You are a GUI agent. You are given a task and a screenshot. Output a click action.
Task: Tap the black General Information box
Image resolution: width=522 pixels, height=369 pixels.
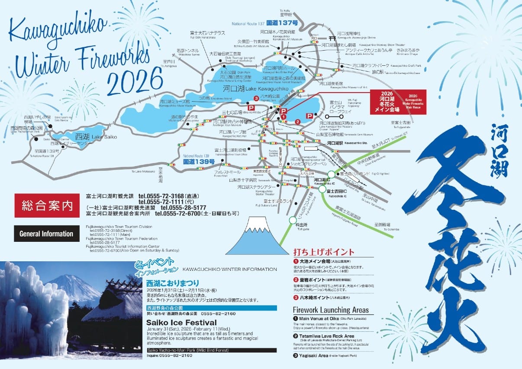click(46, 234)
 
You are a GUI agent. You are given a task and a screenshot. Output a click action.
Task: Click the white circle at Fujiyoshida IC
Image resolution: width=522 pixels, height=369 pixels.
click(322, 189)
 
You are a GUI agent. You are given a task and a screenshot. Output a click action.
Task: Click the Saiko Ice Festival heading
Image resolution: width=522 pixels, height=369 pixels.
click(175, 322)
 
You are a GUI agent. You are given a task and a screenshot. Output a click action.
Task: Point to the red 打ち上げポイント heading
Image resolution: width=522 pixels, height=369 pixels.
click(323, 252)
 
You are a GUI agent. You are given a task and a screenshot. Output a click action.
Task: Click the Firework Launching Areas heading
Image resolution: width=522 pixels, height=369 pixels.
click(331, 310)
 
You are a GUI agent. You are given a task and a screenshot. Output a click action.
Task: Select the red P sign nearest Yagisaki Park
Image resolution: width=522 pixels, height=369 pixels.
click(250, 107)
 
